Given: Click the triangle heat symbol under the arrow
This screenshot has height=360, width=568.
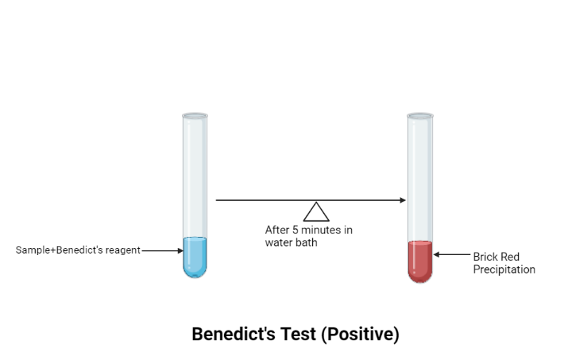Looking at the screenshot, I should pyautogui.click(x=316, y=211).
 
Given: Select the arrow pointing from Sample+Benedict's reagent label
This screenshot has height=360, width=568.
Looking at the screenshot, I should pyautogui.click(x=162, y=250).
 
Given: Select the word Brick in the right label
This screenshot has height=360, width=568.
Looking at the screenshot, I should pyautogui.click(x=485, y=257).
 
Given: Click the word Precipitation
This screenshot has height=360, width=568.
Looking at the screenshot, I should pyautogui.click(x=504, y=269).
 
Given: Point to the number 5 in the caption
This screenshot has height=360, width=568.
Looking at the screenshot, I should pyautogui.click(x=294, y=230).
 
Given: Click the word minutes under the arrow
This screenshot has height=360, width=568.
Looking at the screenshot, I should pyautogui.click(x=321, y=230).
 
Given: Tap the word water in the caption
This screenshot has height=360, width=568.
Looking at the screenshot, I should pyautogui.click(x=279, y=242).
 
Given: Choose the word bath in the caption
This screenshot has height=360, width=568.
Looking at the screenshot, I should pyautogui.click(x=307, y=242).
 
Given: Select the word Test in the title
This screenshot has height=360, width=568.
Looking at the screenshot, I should pyautogui.click(x=297, y=335).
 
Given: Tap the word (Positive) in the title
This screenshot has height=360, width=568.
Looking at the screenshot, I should pyautogui.click(x=360, y=335).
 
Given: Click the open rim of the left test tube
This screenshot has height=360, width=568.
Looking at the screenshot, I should pyautogui.click(x=195, y=116).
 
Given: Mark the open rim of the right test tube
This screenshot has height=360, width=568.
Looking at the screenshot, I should pyautogui.click(x=420, y=116).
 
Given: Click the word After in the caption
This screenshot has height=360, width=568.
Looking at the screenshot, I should pyautogui.click(x=276, y=230).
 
